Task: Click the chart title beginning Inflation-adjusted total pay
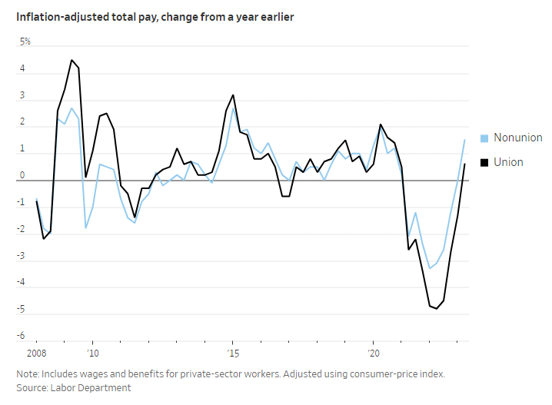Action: coord(155,17)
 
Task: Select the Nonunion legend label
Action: coord(517,138)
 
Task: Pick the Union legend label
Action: coord(508,162)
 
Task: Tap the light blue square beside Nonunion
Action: coord(484,138)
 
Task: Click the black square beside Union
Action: coord(484,163)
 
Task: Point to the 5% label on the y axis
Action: coord(25,41)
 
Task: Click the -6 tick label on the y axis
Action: coord(22,337)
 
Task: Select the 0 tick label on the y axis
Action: coord(22,175)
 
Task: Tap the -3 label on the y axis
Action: coord(22,256)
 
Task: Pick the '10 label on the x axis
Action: coord(92,352)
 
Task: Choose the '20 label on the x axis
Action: coord(373,352)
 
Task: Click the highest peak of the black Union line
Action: coord(71,60)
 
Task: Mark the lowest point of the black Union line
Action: coord(437,309)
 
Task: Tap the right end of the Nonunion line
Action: coord(465,140)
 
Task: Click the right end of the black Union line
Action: coord(465,164)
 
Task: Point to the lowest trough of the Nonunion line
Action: coord(429,268)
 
